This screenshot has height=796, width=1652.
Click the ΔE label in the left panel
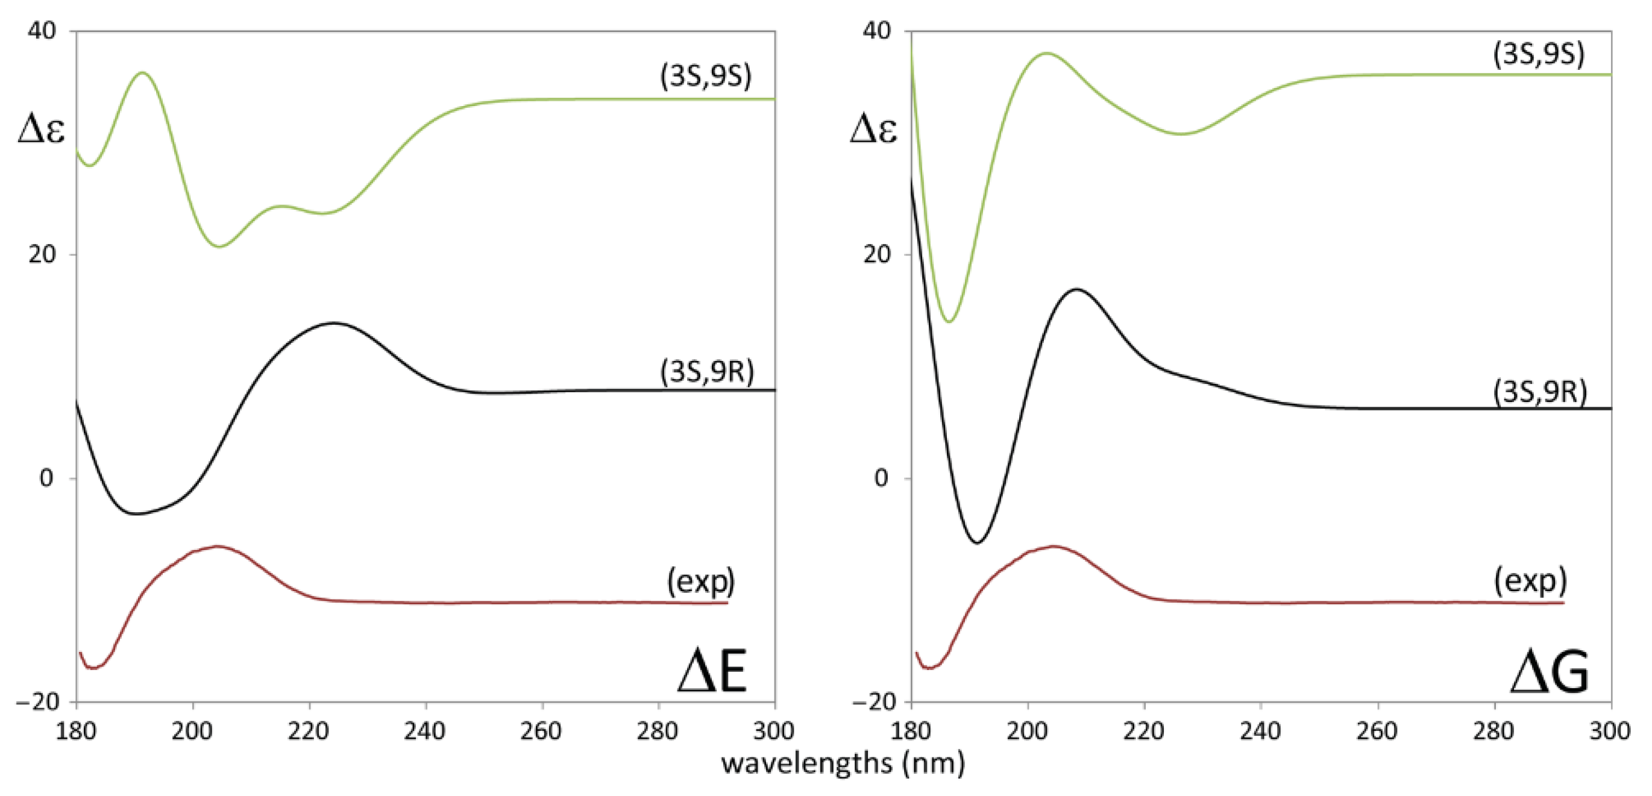pos(712,671)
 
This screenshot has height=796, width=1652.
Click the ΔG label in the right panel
pos(1549,671)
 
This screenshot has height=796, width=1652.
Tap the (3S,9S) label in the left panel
pos(705,77)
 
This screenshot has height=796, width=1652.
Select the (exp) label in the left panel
pos(701,581)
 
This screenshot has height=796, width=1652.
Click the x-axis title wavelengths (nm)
pos(843,763)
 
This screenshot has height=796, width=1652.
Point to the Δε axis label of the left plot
pos(41,130)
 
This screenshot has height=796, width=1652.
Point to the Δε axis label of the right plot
pos(873,130)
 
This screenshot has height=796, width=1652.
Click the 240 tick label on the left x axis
pos(424,730)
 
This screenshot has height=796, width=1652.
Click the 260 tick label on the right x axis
pos(1377,730)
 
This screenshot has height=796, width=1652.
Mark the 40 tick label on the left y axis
pos(42,30)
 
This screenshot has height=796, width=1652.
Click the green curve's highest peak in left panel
pos(142,73)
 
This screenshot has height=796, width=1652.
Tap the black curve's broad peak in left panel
pos(333,323)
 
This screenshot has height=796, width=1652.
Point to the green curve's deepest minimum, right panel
pos(950,321)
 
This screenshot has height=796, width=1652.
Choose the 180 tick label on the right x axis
pos(911,730)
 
